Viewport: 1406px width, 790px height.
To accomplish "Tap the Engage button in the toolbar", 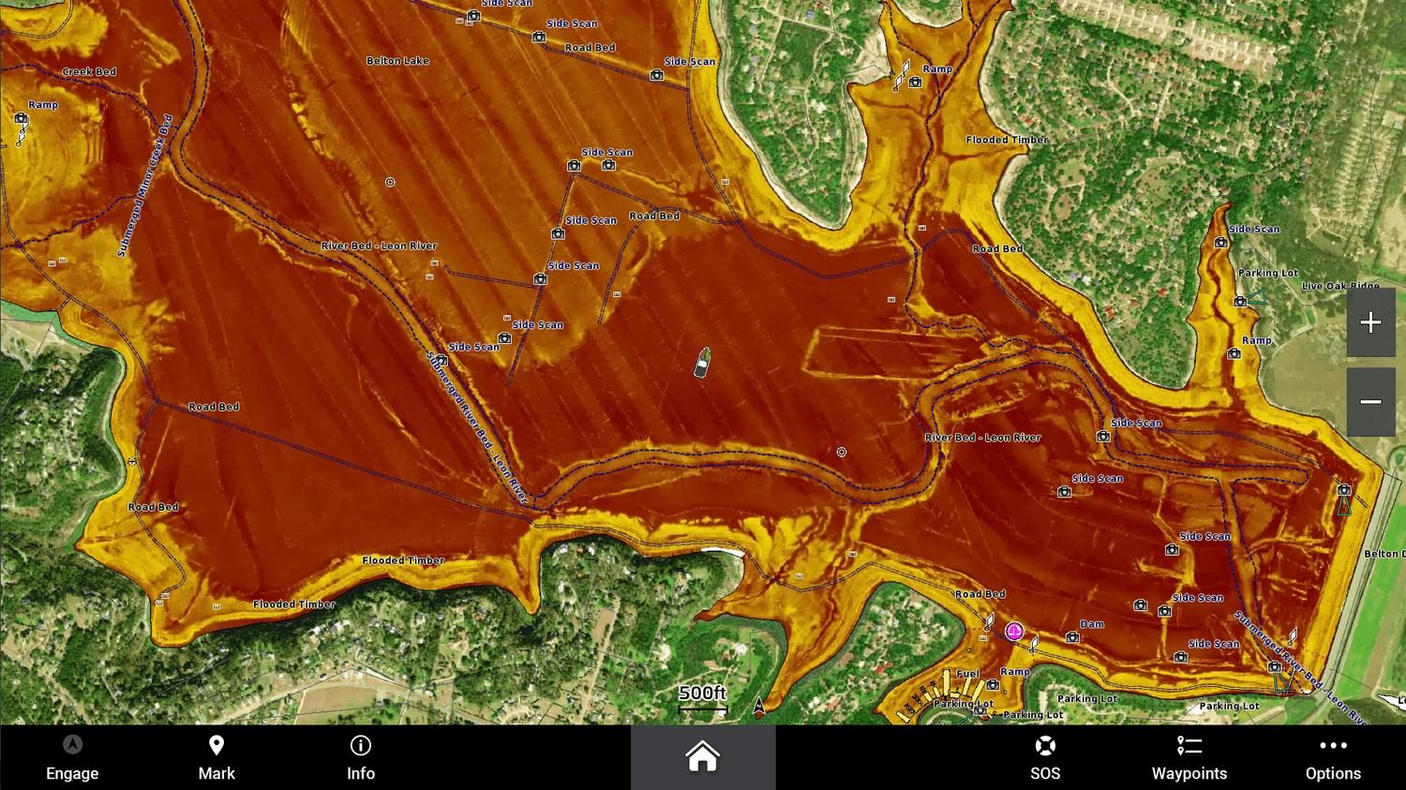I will pyautogui.click(x=72, y=757).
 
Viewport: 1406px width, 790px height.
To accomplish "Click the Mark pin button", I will pyautogui.click(x=217, y=757).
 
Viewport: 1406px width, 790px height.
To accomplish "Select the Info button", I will pyautogui.click(x=361, y=757).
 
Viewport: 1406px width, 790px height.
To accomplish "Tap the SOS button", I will pyautogui.click(x=1045, y=757).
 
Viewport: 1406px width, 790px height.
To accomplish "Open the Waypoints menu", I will pyautogui.click(x=1189, y=757).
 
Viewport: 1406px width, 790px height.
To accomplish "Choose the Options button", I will pyautogui.click(x=1333, y=757).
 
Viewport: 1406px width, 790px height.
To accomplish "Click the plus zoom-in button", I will pyautogui.click(x=1370, y=323).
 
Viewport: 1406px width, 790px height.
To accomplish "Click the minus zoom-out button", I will pyautogui.click(x=1370, y=402).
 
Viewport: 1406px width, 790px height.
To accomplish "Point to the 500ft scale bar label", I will pyautogui.click(x=702, y=693).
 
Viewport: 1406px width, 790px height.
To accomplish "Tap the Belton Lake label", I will pyautogui.click(x=397, y=61).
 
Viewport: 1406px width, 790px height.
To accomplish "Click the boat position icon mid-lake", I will pyautogui.click(x=702, y=363).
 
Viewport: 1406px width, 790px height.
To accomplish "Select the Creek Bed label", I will pyautogui.click(x=89, y=72).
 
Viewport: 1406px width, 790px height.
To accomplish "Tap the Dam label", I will pyautogui.click(x=1092, y=624).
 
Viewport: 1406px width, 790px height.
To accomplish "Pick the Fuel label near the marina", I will pyautogui.click(x=968, y=674).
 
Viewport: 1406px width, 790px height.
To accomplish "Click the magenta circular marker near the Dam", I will pyautogui.click(x=1014, y=632).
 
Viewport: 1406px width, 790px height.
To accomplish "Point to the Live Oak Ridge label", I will pyautogui.click(x=1340, y=286).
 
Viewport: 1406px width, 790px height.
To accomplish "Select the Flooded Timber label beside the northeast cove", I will pyautogui.click(x=1007, y=141).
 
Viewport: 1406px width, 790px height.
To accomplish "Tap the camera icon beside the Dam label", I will pyautogui.click(x=1072, y=638).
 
